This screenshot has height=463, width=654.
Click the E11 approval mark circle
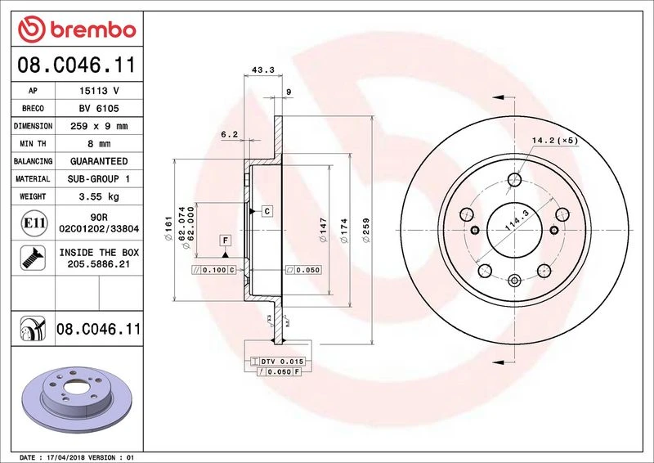tap(34, 223)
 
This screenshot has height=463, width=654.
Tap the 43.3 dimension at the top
tap(263, 70)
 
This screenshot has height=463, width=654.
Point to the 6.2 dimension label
tap(230, 133)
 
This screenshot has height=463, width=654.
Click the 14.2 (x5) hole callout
tap(555, 141)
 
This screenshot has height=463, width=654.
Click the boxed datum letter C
tap(267, 211)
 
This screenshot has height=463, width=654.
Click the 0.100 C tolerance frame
tap(214, 269)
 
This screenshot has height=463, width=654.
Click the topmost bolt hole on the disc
tap(515, 181)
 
